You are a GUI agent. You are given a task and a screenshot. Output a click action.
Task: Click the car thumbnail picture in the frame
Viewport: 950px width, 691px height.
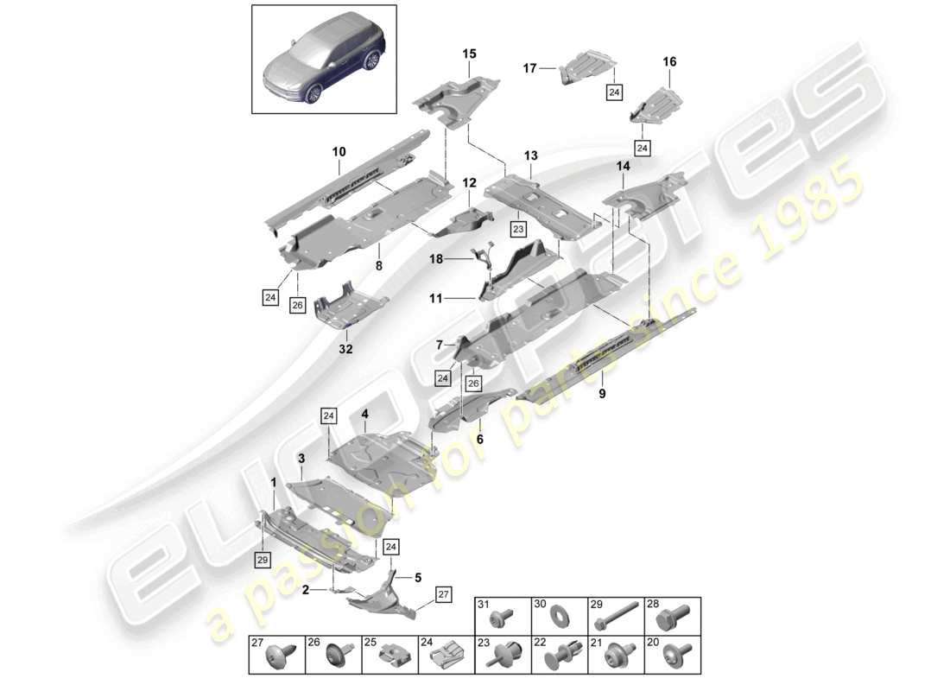click(x=324, y=59)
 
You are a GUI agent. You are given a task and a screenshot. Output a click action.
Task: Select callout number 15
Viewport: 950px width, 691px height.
click(x=469, y=54)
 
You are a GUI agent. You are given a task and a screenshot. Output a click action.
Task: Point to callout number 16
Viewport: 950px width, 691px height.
click(x=669, y=62)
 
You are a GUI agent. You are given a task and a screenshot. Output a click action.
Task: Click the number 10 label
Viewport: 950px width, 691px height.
click(x=338, y=152)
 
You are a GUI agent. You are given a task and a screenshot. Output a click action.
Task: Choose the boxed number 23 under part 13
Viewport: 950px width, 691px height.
click(x=517, y=230)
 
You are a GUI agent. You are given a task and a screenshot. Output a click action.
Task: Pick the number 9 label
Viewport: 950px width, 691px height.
click(x=603, y=394)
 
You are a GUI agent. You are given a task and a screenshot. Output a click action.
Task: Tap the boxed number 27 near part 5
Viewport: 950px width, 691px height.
click(x=443, y=594)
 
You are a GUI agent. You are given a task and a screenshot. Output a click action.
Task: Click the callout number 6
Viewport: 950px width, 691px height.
click(x=480, y=438)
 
